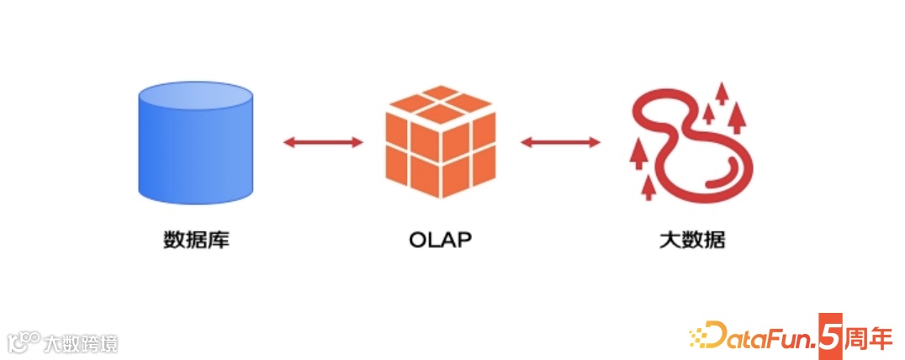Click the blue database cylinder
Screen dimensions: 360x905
[x=195, y=147]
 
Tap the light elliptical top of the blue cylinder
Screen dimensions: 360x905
[x=195, y=99]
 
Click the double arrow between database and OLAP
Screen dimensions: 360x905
[x=323, y=142]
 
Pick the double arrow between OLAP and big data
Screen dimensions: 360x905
[x=560, y=142]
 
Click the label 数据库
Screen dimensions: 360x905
[x=196, y=240]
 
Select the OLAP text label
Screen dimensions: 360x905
[x=440, y=240]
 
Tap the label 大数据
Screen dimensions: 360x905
[x=692, y=240]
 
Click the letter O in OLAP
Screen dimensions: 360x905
[x=418, y=240]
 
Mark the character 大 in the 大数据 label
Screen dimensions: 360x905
[x=669, y=240]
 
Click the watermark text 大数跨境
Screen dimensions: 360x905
[x=81, y=342]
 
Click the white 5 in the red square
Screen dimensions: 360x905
[x=829, y=334]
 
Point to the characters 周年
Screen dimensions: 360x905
[x=867, y=334]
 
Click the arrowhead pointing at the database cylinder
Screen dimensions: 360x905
[x=288, y=142]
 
